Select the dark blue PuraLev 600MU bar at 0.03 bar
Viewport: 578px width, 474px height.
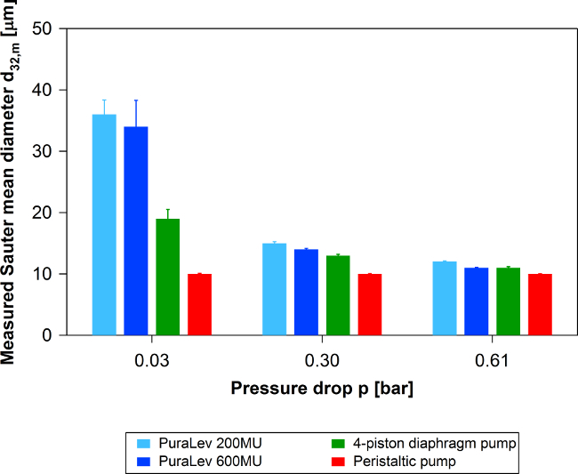(136, 230)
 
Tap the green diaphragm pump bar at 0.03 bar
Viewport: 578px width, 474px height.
(168, 277)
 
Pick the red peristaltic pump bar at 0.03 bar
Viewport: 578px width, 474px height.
(200, 304)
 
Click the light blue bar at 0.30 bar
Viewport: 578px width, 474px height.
(275, 289)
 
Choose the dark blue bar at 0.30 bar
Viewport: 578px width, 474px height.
(307, 292)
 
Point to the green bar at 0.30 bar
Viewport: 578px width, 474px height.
(339, 295)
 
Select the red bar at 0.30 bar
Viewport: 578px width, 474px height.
(370, 304)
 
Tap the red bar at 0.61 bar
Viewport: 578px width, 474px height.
(540, 304)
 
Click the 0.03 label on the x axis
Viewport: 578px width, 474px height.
(151, 360)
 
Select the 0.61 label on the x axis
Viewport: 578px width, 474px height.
(492, 360)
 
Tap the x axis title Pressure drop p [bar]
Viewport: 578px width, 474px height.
(322, 389)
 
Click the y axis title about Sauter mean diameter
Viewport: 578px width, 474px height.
(13, 181)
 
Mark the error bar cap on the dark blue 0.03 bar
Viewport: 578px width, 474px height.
(136, 100)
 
